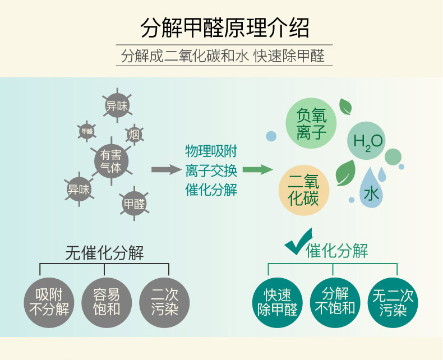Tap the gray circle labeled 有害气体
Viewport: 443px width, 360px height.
coord(110,161)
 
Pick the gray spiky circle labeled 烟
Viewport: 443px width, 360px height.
coord(134,135)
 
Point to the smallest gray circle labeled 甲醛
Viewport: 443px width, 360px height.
coord(87,132)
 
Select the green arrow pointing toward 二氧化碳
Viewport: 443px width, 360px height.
coord(256,170)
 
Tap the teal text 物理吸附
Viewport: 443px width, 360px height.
coord(211,151)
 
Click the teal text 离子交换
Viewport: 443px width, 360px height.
coord(211,170)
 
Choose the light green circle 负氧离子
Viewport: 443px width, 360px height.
coord(311,124)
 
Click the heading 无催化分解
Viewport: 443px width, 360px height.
coord(105,253)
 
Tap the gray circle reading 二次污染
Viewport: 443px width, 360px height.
coord(164,301)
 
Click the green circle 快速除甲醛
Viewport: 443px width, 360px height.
coord(278,301)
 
